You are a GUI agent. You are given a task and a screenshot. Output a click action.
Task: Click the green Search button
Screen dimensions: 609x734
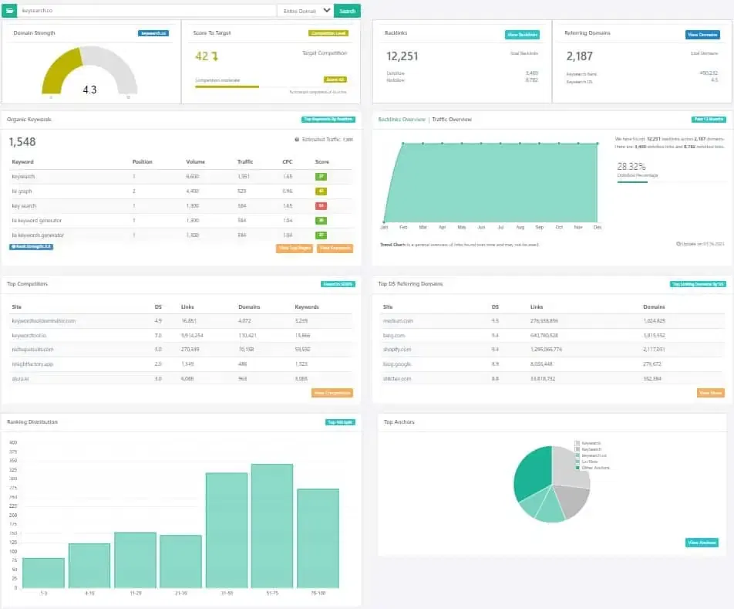point(347,11)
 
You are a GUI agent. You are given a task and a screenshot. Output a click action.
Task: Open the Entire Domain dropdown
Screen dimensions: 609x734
point(305,11)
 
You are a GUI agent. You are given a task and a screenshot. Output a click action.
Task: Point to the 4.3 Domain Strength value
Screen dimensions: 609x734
point(89,90)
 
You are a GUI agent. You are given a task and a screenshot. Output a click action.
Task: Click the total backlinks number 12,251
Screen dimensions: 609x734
point(402,56)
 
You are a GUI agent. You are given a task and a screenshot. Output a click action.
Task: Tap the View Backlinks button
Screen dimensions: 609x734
point(522,35)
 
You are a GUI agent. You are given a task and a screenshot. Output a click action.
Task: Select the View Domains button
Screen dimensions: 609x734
point(702,35)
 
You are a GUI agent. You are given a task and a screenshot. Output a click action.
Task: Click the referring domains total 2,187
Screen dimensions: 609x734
point(580,56)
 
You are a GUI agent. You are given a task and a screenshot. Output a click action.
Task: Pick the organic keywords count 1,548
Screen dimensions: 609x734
point(22,142)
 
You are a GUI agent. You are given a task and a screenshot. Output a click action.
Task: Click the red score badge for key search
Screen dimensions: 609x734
point(321,205)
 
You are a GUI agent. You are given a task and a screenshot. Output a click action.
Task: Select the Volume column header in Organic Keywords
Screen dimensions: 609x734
point(195,162)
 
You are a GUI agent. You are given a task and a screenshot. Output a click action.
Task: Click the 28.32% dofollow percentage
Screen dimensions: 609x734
point(631,165)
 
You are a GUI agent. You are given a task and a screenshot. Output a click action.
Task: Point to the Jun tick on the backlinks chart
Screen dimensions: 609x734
point(481,228)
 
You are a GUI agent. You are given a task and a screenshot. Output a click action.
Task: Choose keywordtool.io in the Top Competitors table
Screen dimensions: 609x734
point(31,336)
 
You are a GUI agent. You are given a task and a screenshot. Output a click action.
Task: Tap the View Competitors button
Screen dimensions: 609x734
point(332,393)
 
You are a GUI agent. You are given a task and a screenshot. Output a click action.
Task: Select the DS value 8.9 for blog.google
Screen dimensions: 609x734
point(495,364)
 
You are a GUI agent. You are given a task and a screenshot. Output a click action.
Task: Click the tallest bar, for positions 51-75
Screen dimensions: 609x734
point(272,525)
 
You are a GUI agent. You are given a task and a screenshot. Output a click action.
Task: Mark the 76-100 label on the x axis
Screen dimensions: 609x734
point(318,593)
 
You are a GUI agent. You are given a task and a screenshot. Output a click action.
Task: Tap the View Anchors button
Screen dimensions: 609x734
point(702,543)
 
